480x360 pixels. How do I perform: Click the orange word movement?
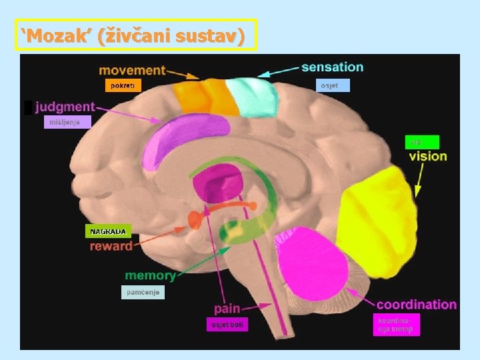(x=132, y=70)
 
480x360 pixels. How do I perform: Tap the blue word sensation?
(x=332, y=67)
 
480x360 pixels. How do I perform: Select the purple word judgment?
(x=65, y=107)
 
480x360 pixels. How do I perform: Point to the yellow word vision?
(x=427, y=156)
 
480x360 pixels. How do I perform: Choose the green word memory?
(x=150, y=275)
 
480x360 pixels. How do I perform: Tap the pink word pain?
(x=227, y=309)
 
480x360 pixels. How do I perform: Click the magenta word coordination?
(x=417, y=305)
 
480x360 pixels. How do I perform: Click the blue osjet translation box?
(x=332, y=85)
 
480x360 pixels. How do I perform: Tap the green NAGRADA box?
(x=107, y=231)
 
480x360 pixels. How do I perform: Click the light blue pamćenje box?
(x=143, y=292)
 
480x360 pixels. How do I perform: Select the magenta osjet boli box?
(x=225, y=324)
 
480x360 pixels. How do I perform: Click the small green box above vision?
(x=422, y=141)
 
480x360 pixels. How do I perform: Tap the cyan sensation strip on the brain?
(x=252, y=97)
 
